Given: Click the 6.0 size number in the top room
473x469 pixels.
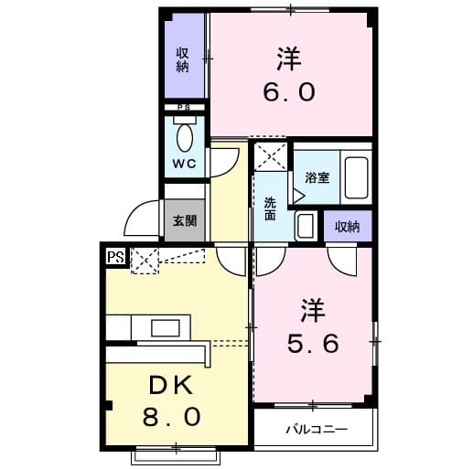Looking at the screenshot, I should [291, 92].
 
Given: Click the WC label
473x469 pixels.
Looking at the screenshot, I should [184, 165].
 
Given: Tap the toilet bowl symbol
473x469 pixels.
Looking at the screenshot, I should [185, 137].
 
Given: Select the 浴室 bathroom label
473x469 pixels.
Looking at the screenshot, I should [317, 179].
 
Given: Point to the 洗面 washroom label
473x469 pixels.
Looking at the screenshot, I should [271, 209].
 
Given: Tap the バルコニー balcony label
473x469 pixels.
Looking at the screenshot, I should [315, 429].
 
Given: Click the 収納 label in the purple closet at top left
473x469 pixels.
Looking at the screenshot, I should [183, 59].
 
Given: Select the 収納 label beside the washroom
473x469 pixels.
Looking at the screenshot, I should [347, 226].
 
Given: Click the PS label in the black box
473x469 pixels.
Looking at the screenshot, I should [115, 256].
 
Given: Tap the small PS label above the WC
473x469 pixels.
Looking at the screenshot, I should [184, 107].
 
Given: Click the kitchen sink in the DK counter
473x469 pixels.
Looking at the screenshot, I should [167, 327].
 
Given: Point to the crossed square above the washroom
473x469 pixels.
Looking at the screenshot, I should [270, 154].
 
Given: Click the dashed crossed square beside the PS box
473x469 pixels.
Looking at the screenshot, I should [144, 260].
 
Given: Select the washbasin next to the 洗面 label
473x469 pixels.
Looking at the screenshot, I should [306, 225].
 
